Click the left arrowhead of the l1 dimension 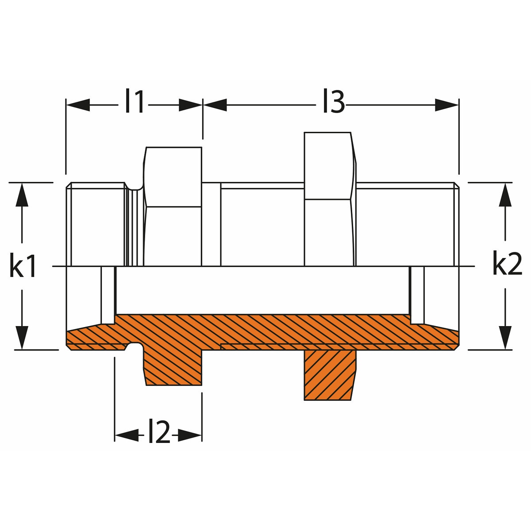78,105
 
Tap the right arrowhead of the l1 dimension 190,105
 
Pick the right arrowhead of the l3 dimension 446,105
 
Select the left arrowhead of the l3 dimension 215,105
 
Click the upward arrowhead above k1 22,195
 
